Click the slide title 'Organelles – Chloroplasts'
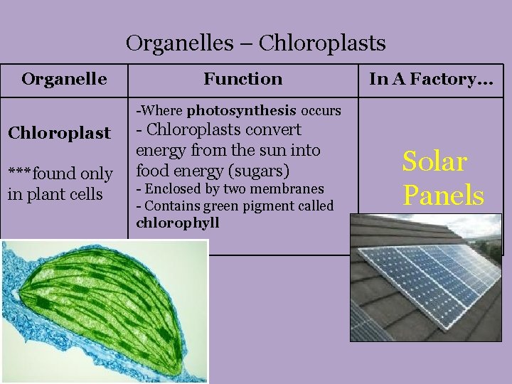(x=255, y=43)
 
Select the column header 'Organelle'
(x=64, y=79)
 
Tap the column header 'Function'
(x=242, y=79)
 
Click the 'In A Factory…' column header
(x=431, y=79)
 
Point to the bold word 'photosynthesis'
(x=242, y=111)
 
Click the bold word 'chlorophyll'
(x=178, y=223)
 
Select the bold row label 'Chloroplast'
(x=59, y=133)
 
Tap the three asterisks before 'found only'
(x=20, y=174)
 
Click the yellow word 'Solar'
(x=434, y=162)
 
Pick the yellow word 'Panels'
(x=443, y=195)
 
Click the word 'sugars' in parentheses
(x=262, y=171)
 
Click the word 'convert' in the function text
(x=277, y=130)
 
